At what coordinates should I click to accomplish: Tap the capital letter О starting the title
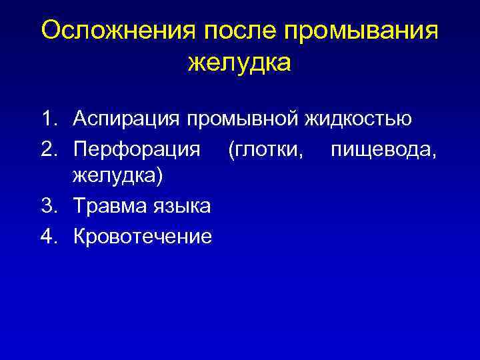(51, 31)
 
